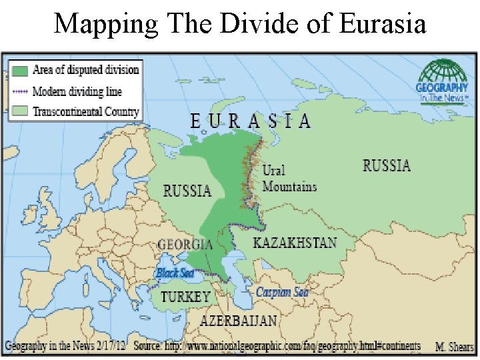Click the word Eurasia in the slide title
coord(382,24)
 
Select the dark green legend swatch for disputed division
coord(20,69)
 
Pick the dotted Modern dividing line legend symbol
coord(20,91)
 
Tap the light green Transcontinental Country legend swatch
coord(20,111)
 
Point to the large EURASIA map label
coord(250,121)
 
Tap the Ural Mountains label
coord(289,179)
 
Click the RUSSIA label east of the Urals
coord(387,166)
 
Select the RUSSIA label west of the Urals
coord(187,191)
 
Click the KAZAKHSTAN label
coord(295,243)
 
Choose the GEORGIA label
coord(185,244)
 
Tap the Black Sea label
coord(175,273)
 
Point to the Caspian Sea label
coord(282,292)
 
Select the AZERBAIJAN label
coord(239,321)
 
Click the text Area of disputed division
coord(85,69)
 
